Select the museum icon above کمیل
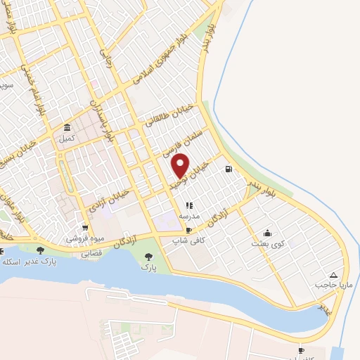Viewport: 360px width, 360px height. coord(67,128)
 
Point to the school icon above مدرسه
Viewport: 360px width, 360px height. coord(188,205)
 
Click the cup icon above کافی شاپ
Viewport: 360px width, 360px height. coord(188,231)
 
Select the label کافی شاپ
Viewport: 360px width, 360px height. coord(188,240)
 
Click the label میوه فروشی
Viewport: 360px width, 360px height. coord(84,238)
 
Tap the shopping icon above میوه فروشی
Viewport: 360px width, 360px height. coord(84,228)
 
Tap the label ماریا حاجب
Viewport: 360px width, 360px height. coord(333,285)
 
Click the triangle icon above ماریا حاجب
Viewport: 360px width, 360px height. coord(333,275)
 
